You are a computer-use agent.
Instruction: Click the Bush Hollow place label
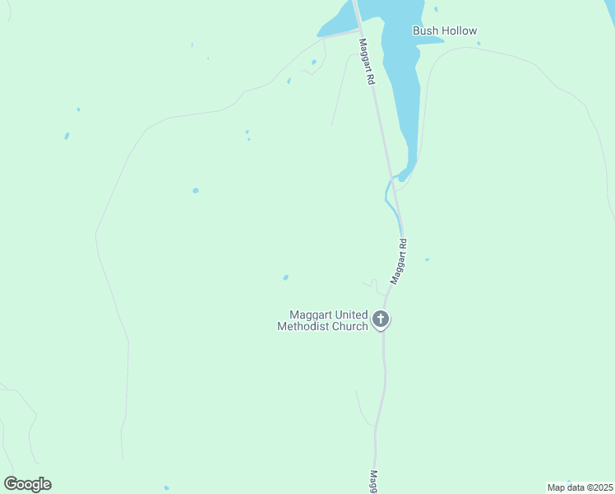click(x=444, y=31)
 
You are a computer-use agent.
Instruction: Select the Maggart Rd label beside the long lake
click(x=367, y=61)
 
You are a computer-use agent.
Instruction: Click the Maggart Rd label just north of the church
click(x=399, y=262)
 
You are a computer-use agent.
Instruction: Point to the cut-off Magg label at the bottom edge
click(x=374, y=482)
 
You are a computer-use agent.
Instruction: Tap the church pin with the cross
click(x=380, y=319)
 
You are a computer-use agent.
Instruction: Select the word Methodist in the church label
click(x=303, y=327)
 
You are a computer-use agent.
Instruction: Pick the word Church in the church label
click(x=350, y=327)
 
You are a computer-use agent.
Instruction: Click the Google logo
click(x=27, y=484)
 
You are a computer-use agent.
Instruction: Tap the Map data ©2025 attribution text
click(x=580, y=487)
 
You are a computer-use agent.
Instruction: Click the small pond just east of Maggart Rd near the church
click(x=427, y=259)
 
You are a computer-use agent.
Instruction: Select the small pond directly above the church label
click(x=285, y=277)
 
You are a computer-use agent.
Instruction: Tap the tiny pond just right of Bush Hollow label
click(x=479, y=43)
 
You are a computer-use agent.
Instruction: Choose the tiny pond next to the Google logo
click(x=166, y=487)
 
